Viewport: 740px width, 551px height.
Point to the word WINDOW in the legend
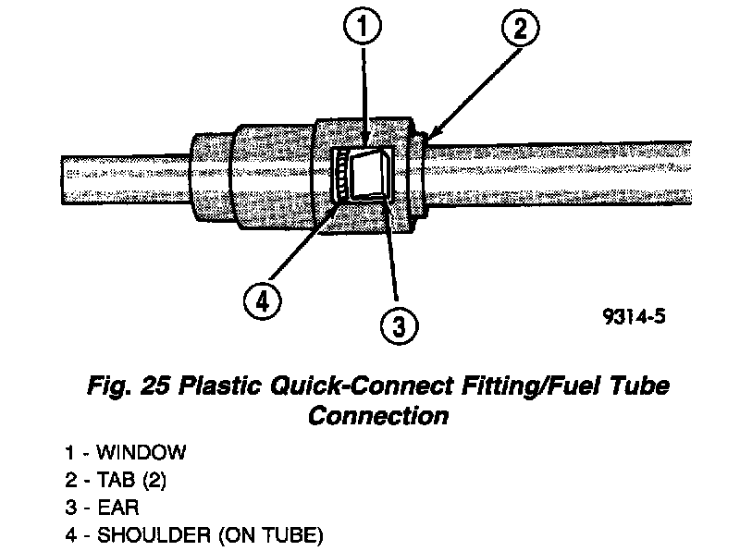pyautogui.click(x=142, y=453)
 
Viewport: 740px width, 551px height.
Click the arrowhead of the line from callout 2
pyautogui.click(x=426, y=140)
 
